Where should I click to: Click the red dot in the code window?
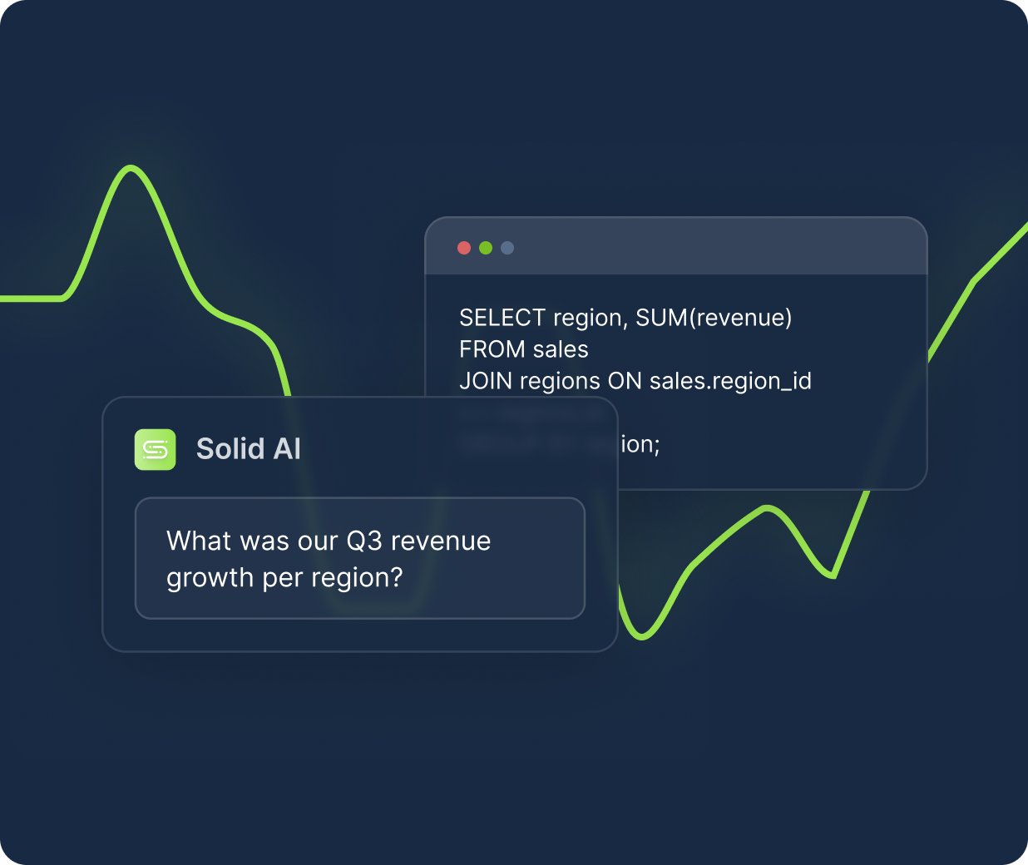(464, 248)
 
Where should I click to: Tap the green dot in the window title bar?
(486, 248)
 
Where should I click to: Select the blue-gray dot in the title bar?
(507, 248)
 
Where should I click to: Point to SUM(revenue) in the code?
(714, 318)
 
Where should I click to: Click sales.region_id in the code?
(730, 381)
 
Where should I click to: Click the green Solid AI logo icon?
(156, 450)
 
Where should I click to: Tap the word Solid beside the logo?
(230, 449)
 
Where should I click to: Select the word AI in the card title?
(287, 449)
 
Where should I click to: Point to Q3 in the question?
(363, 541)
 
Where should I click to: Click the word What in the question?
(199, 541)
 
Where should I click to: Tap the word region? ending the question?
(362, 578)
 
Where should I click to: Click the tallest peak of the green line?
(131, 168)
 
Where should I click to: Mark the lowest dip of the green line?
(641, 637)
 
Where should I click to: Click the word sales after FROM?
(561, 349)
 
